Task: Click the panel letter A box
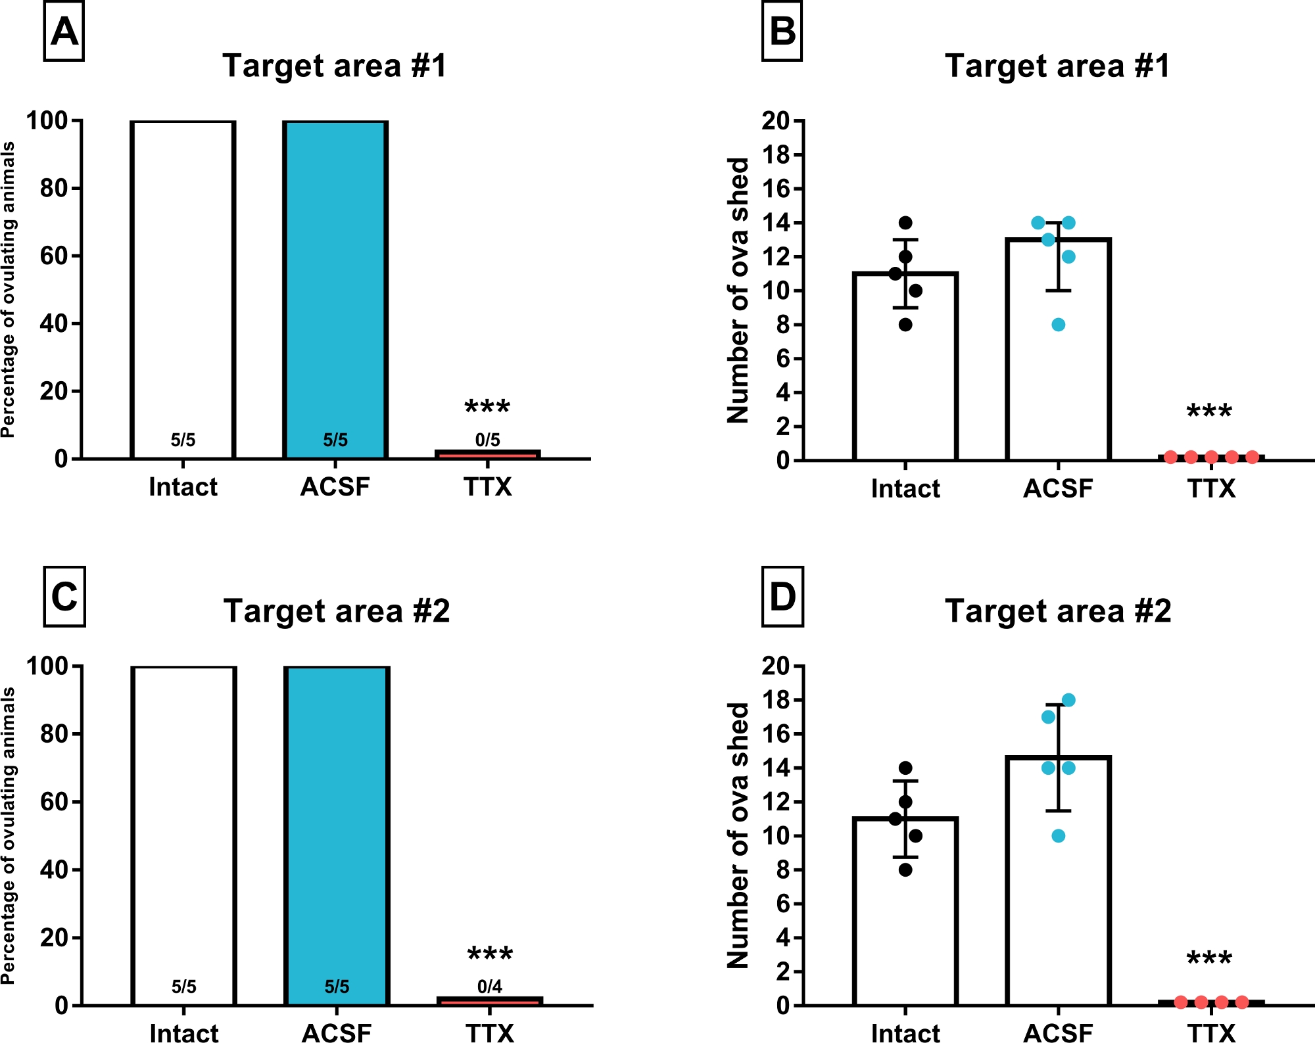click(x=64, y=32)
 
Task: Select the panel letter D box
click(x=782, y=597)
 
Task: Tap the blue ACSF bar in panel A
click(x=335, y=276)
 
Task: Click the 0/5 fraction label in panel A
click(x=488, y=440)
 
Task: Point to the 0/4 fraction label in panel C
click(x=490, y=986)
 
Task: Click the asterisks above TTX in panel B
click(x=1209, y=413)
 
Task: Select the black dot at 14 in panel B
click(x=905, y=223)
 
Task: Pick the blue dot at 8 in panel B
click(x=1058, y=325)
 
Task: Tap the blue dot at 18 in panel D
click(x=1068, y=700)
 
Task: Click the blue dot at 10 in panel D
click(x=1058, y=836)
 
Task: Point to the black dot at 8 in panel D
click(x=905, y=870)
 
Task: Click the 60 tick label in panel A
click(x=53, y=256)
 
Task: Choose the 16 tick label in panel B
click(x=776, y=189)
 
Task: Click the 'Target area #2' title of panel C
click(x=337, y=611)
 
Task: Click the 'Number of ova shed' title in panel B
click(x=738, y=290)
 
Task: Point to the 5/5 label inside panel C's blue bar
click(x=337, y=986)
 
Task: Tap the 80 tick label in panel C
click(x=53, y=733)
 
